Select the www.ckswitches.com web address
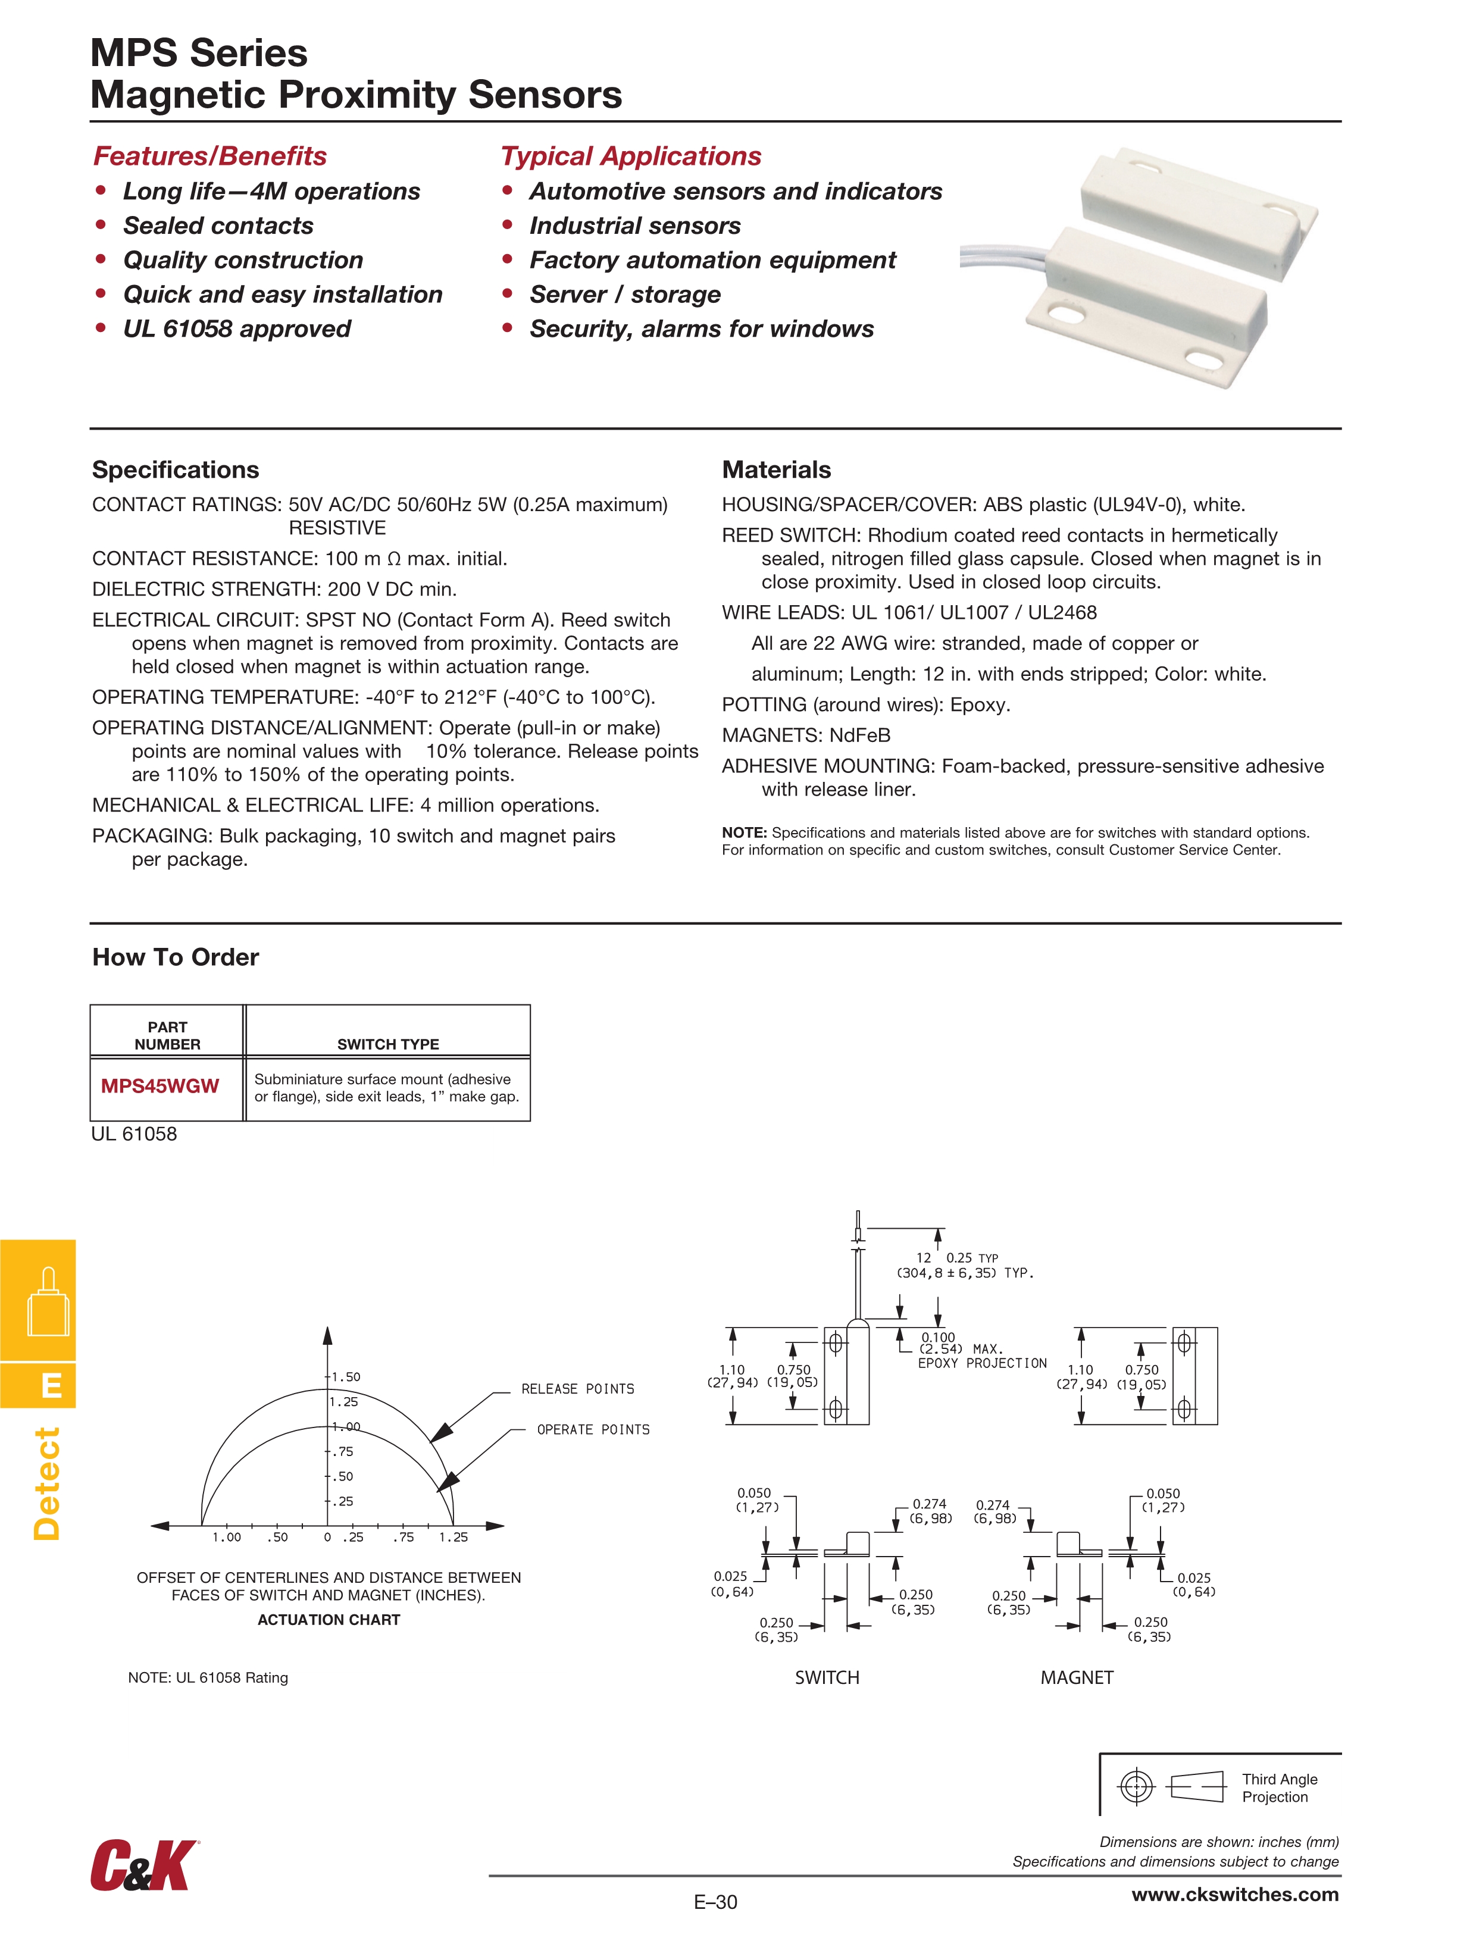1234,1895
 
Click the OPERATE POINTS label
593,1429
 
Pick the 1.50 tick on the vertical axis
344,1377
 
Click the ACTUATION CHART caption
329,1620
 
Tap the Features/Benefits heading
210,156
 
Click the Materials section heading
776,469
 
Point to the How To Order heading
176,957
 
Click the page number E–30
715,1902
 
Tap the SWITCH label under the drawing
827,1678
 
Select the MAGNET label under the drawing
1076,1678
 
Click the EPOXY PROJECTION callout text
982,1363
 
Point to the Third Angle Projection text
1279,1787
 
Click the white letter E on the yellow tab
52,1386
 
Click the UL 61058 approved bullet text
237,329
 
